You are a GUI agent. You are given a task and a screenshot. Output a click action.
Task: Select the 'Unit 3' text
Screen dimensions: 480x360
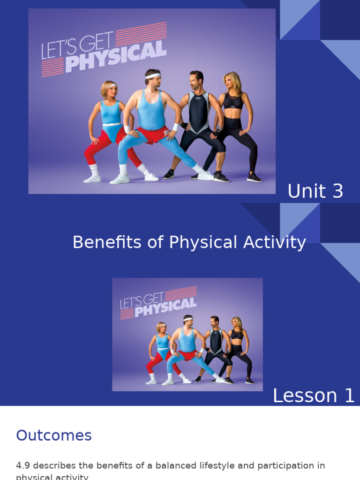click(315, 191)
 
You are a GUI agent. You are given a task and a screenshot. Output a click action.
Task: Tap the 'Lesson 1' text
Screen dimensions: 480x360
click(314, 396)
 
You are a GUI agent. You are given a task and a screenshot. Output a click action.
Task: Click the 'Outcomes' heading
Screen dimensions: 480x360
click(54, 435)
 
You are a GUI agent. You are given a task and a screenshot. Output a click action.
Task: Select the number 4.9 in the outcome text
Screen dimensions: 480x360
click(23, 465)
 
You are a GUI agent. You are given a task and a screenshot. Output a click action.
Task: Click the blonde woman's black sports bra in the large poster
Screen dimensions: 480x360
click(233, 101)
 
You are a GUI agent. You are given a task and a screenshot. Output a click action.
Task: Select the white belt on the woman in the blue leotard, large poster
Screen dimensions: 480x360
click(111, 124)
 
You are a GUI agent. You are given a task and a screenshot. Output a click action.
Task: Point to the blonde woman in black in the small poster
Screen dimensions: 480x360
click(236, 347)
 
